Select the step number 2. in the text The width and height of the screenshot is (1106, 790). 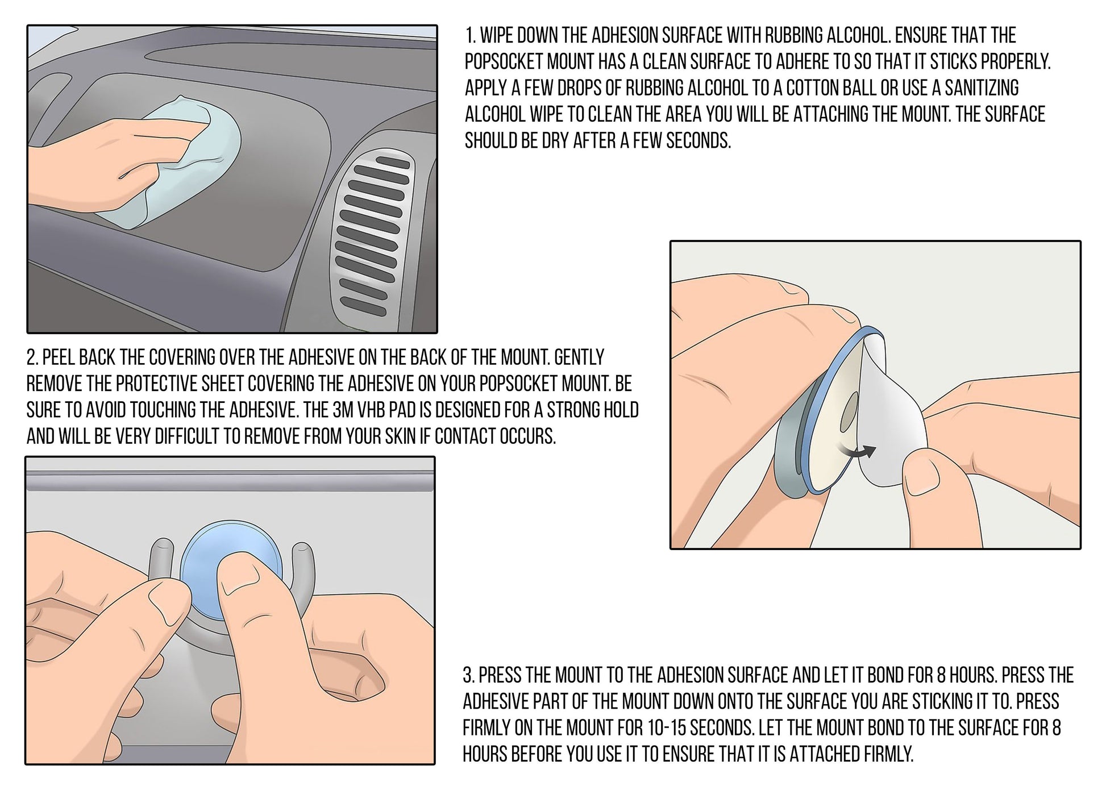click(32, 357)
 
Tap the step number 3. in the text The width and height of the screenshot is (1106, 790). click(469, 675)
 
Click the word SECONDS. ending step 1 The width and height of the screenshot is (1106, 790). click(698, 140)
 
